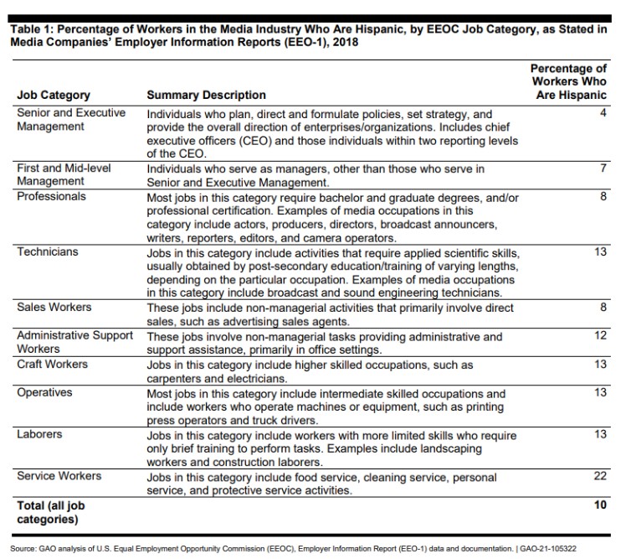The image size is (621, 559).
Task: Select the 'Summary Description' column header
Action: coord(206,96)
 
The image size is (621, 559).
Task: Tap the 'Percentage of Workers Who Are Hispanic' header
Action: coord(570,81)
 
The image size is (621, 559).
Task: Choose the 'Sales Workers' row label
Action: coord(54,308)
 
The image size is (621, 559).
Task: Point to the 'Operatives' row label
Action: coord(45,393)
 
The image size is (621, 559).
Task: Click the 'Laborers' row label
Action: coord(41,435)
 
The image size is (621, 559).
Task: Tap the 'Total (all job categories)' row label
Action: coord(51,512)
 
